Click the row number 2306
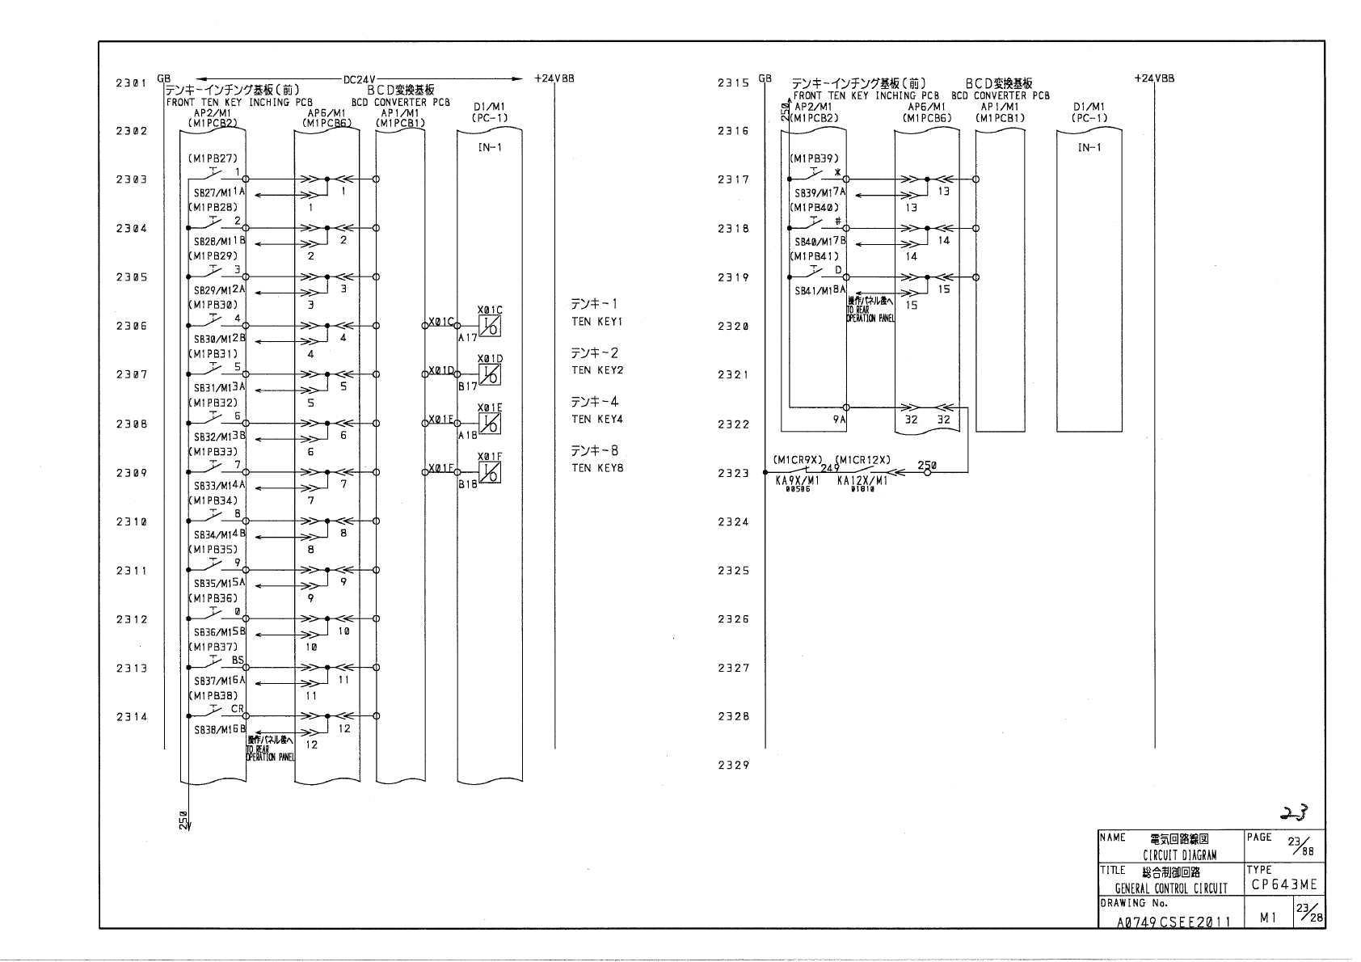tap(131, 327)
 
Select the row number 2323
tap(733, 473)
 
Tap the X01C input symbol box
tap(490, 326)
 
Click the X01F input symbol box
tap(490, 472)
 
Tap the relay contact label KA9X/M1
tap(797, 480)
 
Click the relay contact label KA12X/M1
tap(862, 480)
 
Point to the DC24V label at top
tap(358, 79)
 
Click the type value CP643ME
tap(1284, 884)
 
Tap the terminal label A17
tap(468, 338)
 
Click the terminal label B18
tap(468, 484)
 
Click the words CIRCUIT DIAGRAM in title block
tap(1179, 855)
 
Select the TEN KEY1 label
tap(597, 322)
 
